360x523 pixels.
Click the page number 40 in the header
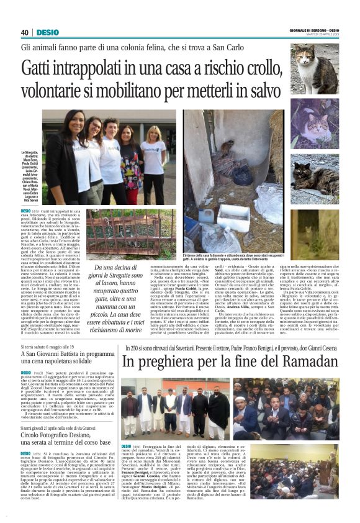(25, 32)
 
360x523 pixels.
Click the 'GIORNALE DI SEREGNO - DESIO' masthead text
(314, 30)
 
